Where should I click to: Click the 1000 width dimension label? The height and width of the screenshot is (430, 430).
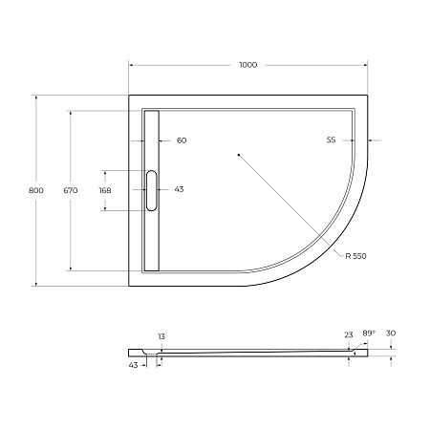pos(248,65)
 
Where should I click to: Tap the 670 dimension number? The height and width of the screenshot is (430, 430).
pos(70,191)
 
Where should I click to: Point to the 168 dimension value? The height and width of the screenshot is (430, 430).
pos(105,190)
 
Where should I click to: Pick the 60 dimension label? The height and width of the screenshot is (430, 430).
pos(182,140)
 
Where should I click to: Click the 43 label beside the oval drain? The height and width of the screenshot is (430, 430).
pos(180,189)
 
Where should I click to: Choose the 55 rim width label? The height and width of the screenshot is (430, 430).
pos(331,140)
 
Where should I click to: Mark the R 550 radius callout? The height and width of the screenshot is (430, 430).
pos(357,257)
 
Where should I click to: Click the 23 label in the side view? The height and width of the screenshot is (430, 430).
pos(349,334)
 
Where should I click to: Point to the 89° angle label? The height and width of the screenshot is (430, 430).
pos(369,333)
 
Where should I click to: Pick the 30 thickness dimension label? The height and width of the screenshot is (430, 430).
pos(391,334)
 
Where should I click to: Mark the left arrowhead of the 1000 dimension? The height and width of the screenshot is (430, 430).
pos(132,65)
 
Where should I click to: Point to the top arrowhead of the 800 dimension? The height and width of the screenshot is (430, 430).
pos(35,97)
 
